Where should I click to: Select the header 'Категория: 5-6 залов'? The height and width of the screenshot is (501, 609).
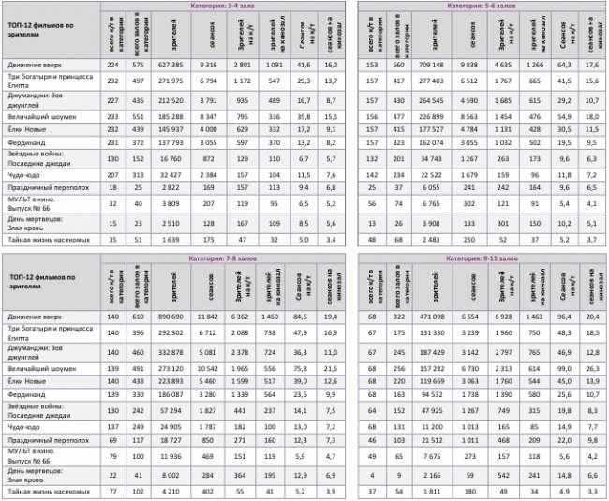(x=483, y=7)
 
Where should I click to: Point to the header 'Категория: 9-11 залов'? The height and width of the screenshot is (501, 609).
(x=483, y=257)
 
